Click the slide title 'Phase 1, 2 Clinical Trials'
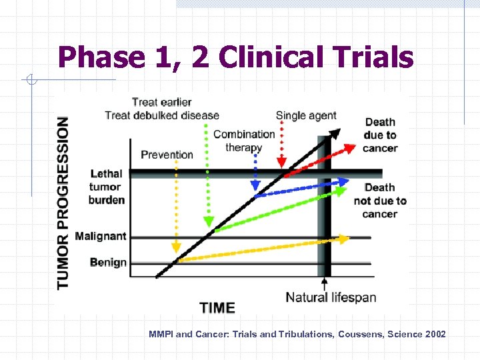coord(235,57)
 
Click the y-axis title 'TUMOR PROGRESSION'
coord(63,203)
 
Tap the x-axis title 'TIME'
coord(217,308)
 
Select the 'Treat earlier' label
coord(161,102)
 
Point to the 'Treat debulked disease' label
coord(162,115)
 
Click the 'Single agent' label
coord(306,115)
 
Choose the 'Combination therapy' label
coord(244,141)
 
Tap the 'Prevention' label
coord(167,155)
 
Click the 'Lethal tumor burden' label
coord(107,187)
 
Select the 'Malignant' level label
coord(101,236)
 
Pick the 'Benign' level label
coord(108,262)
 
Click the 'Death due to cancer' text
coord(380,135)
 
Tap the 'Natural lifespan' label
coord(331,297)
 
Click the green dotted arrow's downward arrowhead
coord(208,221)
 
